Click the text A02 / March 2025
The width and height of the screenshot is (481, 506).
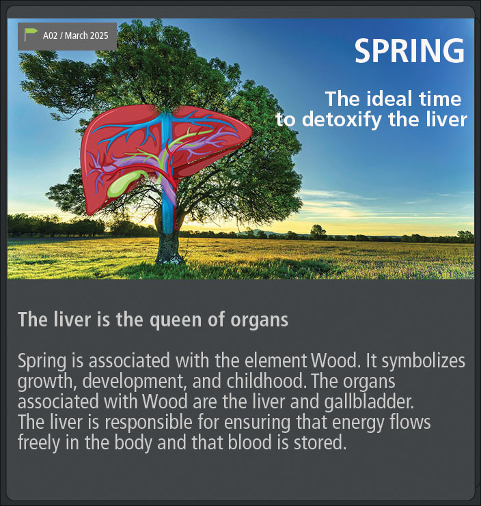tap(76, 36)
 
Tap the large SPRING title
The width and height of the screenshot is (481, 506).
tap(409, 51)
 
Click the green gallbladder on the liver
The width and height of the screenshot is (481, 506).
tap(124, 184)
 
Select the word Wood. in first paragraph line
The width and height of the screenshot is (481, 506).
tap(335, 361)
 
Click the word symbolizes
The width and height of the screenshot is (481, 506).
tap(424, 361)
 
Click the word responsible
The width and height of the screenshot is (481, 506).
tap(148, 423)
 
